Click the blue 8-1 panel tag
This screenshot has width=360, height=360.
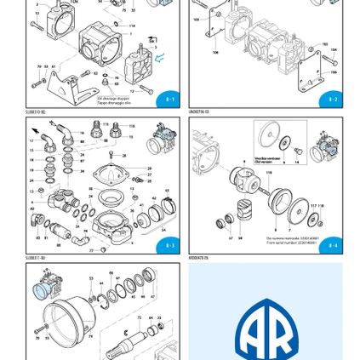[x=169, y=100]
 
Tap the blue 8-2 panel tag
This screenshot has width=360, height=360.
[x=332, y=100]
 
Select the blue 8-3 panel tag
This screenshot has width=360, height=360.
[x=169, y=247]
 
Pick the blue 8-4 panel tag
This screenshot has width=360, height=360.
[x=332, y=247]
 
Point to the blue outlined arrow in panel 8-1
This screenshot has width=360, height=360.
[x=159, y=57]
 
